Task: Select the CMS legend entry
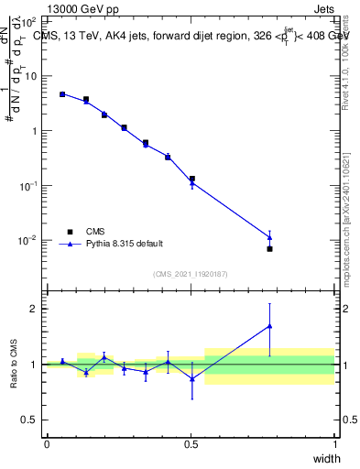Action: [x=96, y=232]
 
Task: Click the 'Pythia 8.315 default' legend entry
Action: [x=124, y=244]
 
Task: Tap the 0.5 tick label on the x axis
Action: [x=191, y=444]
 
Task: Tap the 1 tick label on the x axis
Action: [x=335, y=444]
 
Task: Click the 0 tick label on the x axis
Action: [x=47, y=444]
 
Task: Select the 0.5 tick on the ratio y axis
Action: [x=29, y=420]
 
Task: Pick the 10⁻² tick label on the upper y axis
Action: [x=28, y=240]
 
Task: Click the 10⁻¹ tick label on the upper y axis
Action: [x=28, y=185]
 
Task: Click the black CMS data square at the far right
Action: [x=269, y=248]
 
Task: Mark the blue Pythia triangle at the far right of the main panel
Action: [x=269, y=237]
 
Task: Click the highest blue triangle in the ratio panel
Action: [x=269, y=325]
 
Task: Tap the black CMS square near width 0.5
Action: [x=191, y=179]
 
